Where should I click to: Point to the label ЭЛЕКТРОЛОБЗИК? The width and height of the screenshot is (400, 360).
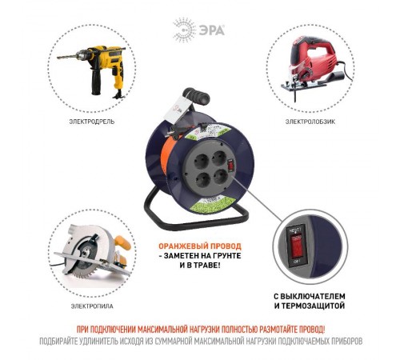[x=308, y=122]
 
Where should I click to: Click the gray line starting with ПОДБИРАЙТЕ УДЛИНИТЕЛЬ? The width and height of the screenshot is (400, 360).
[x=201, y=341]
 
